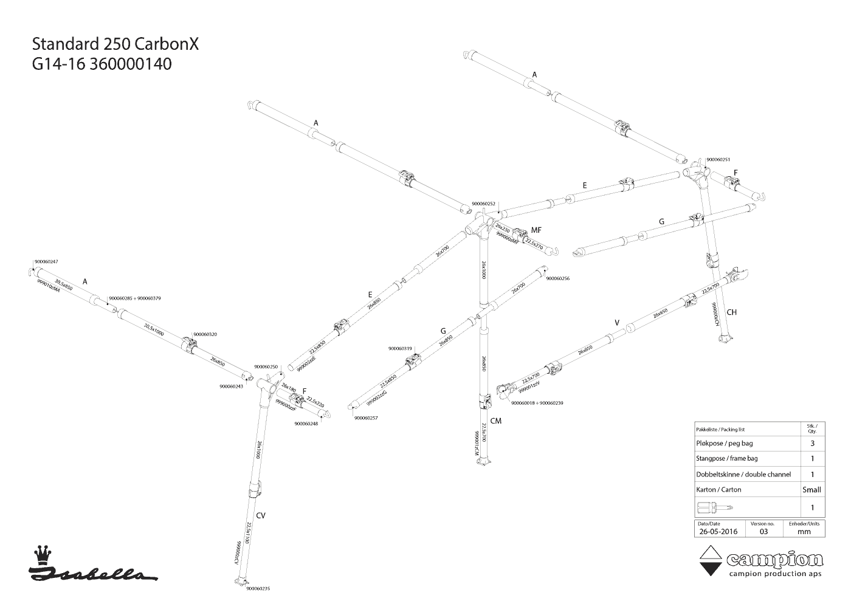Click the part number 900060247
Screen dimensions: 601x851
click(x=46, y=261)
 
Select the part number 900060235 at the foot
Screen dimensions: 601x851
click(x=258, y=589)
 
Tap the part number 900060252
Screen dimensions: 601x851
click(x=484, y=204)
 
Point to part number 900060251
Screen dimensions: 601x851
click(x=717, y=159)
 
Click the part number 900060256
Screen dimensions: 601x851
click(x=557, y=278)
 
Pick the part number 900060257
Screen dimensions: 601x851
click(x=366, y=417)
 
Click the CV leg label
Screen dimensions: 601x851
click(x=261, y=515)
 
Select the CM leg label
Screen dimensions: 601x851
click(x=495, y=421)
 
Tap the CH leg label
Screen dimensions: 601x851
click(x=731, y=312)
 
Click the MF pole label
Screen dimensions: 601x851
click(x=536, y=230)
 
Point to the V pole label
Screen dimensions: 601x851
click(x=617, y=323)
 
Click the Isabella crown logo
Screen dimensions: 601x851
click(x=41, y=554)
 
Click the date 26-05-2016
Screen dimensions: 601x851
click(x=718, y=531)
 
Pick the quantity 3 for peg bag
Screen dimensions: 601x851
click(x=812, y=444)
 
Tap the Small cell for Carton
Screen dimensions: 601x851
click(x=811, y=489)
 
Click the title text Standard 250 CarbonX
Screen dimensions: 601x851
click(x=115, y=44)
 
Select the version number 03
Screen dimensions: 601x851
click(x=763, y=531)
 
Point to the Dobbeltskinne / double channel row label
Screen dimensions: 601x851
click(x=743, y=474)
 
